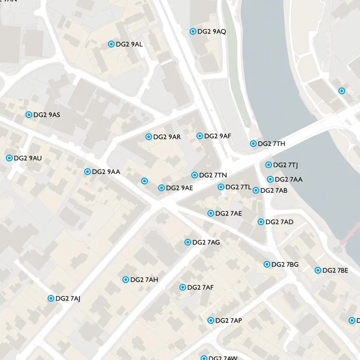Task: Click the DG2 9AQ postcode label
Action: tap(211, 31)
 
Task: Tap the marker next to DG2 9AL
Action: tap(111, 44)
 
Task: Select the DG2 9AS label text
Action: tap(47, 115)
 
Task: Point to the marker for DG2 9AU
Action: tap(9, 158)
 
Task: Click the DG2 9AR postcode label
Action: tap(167, 137)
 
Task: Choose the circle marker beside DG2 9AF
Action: tap(200, 136)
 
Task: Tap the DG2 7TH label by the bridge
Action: tap(271, 143)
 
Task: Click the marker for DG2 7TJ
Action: tap(269, 165)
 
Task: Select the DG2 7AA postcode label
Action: tap(289, 179)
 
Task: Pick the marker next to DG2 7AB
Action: tap(256, 190)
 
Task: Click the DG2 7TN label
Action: tap(213, 175)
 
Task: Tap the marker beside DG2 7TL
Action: tap(221, 187)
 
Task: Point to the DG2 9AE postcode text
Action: tap(179, 188)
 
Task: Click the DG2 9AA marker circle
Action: tap(87, 172)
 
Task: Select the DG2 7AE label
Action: tap(228, 213)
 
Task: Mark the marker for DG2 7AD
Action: tap(261, 222)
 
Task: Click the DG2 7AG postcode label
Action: tap(206, 242)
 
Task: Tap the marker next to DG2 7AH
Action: tap(126, 280)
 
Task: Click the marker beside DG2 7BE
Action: tap(318, 270)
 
